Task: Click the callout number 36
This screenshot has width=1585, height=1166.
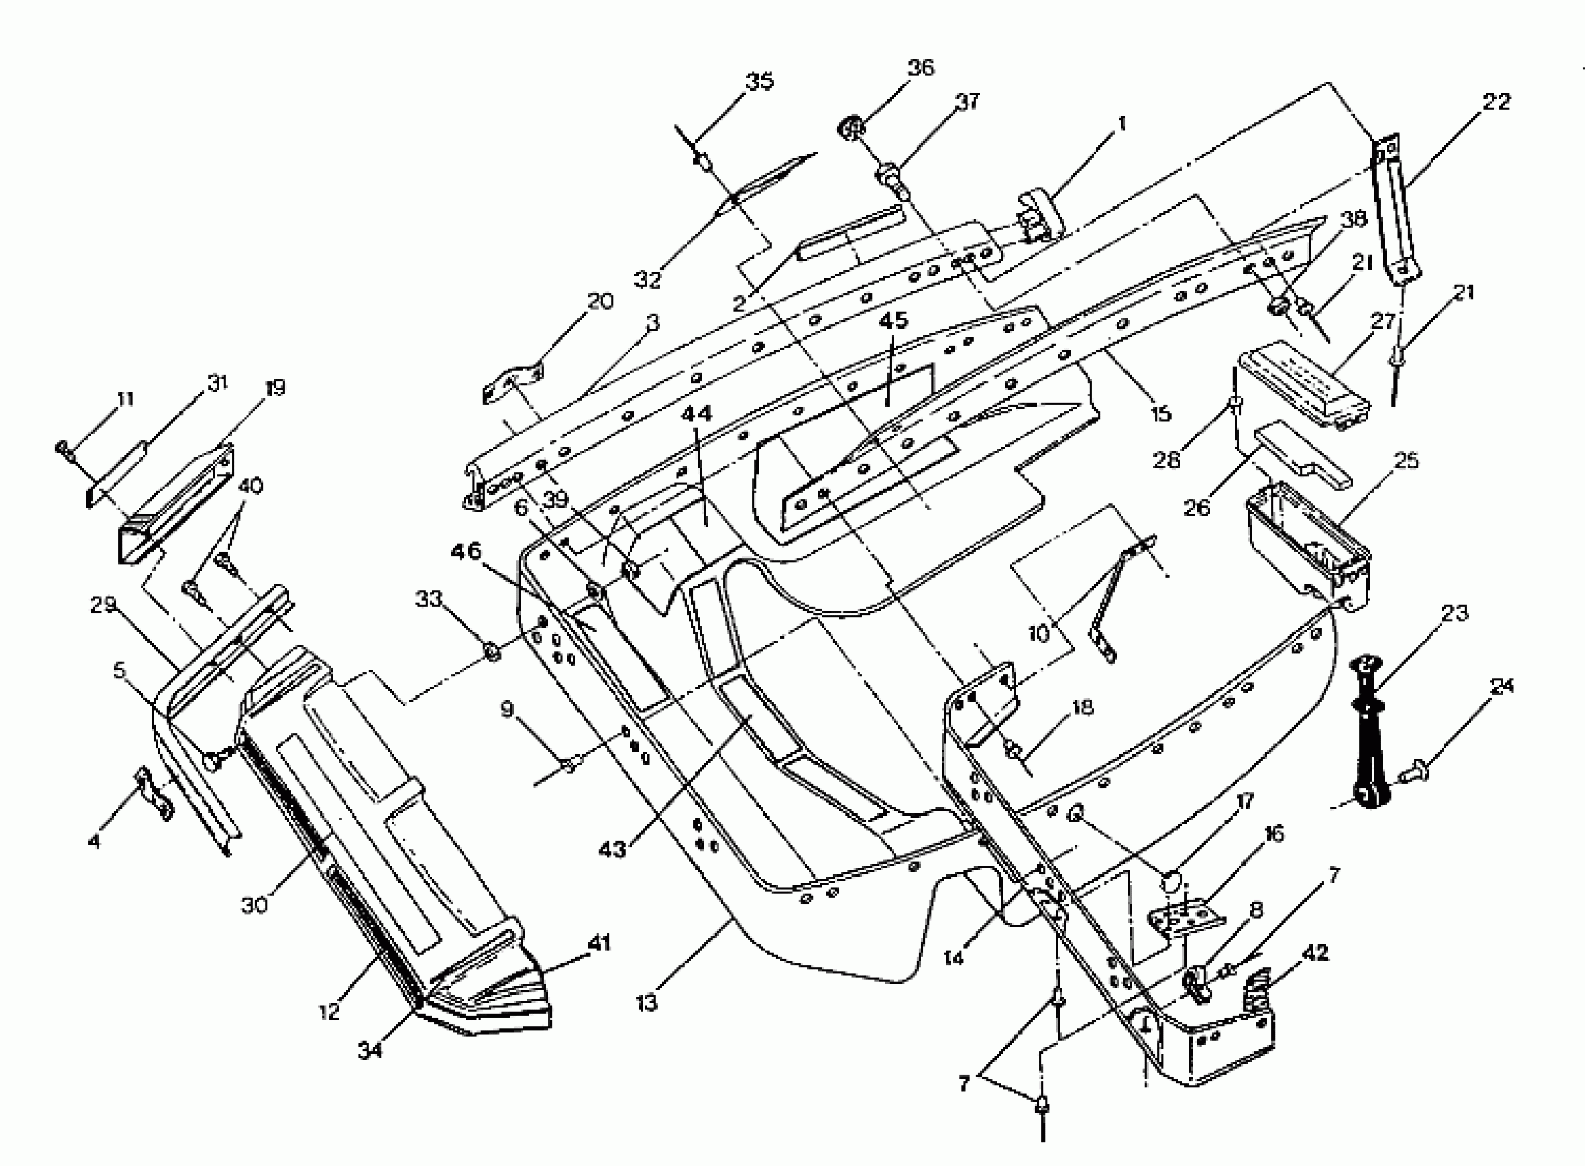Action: (x=920, y=69)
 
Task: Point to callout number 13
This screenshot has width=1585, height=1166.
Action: (x=647, y=1001)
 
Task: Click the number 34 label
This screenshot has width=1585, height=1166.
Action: (x=370, y=1050)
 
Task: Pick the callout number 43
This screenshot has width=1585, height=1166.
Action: (x=612, y=850)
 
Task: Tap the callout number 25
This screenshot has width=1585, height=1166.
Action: (x=1407, y=461)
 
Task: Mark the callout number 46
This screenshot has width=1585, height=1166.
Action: (x=466, y=551)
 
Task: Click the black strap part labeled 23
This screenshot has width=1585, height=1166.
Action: (x=1370, y=734)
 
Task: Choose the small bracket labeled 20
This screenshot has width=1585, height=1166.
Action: (x=512, y=383)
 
